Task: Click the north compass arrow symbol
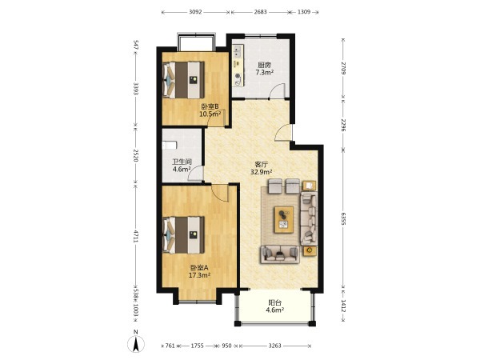pos(136,343)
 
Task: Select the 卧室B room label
pos(210,106)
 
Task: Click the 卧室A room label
pos(199,267)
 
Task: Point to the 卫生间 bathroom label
pos(182,162)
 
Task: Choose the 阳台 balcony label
pos(274,302)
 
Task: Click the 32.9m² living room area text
pos(262,172)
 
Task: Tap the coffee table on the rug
pos(284,219)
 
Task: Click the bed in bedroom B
pos(184,80)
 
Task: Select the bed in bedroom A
pos(184,235)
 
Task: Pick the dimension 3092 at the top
pos(195,12)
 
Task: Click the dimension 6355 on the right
pos(343,218)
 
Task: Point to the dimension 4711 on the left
pos(136,236)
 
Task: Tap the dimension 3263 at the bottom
pos(274,346)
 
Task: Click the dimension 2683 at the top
pos(260,12)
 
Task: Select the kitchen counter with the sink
pos(238,66)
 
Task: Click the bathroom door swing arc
pos(192,171)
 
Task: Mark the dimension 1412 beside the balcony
pos(343,306)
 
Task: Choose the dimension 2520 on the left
pos(136,155)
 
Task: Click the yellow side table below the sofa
pos(310,250)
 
